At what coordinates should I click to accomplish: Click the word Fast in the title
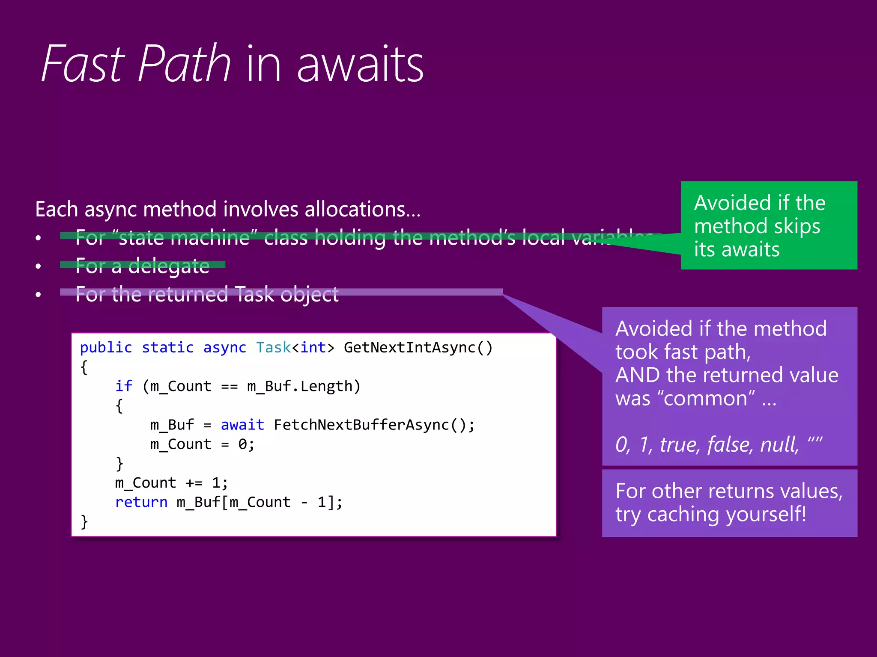click(84, 64)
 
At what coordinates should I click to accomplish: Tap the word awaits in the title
click(360, 65)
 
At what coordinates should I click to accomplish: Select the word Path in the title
click(185, 64)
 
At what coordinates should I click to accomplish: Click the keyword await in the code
click(242, 425)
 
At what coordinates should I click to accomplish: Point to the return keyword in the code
click(141, 502)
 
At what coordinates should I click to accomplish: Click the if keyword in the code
click(124, 386)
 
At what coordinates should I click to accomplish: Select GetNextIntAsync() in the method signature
click(418, 348)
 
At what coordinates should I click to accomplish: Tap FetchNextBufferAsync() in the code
click(374, 425)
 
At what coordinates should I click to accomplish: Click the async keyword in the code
click(224, 348)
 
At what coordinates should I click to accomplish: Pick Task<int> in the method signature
click(295, 348)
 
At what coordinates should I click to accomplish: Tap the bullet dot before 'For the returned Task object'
click(39, 294)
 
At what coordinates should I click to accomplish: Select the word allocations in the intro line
click(355, 210)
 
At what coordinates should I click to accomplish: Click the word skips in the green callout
click(797, 226)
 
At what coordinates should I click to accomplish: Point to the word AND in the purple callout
click(638, 375)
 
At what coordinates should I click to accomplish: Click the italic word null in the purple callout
click(779, 444)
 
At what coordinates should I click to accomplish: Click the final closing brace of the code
click(84, 522)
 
